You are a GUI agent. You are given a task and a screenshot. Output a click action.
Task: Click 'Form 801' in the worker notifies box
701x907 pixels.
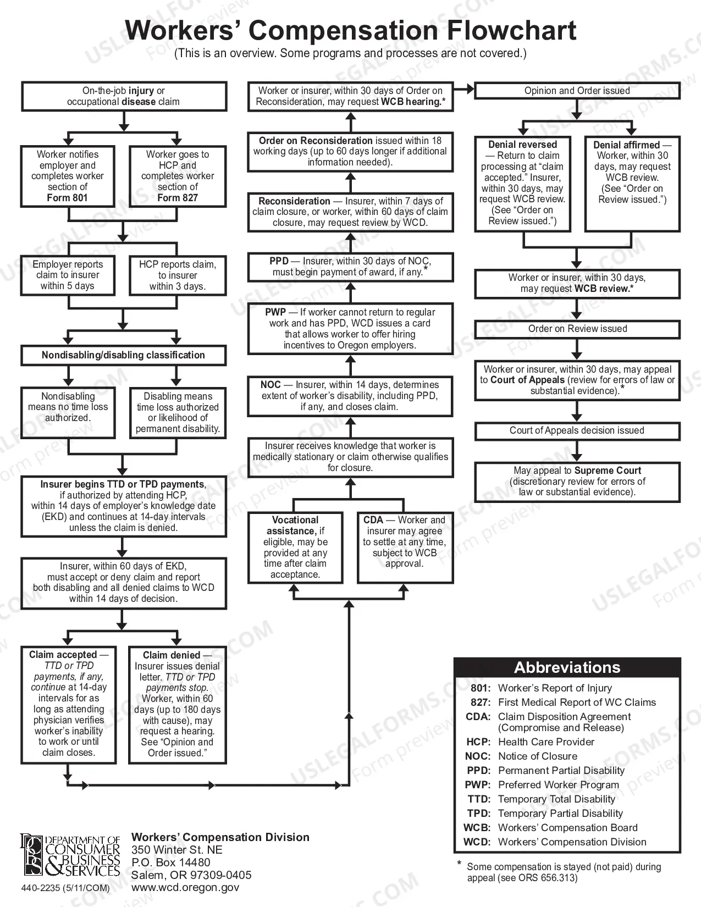click(x=67, y=198)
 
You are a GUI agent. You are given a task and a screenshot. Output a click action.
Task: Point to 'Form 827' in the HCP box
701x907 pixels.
click(x=178, y=198)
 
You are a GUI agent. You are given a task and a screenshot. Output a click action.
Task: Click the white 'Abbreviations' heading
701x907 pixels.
click(x=567, y=667)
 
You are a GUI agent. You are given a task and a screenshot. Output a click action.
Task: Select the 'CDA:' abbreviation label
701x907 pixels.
click(x=478, y=717)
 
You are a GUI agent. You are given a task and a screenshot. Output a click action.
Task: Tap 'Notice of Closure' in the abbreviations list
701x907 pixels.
click(x=538, y=756)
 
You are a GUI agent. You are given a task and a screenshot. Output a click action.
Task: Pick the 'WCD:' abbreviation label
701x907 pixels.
click(x=477, y=842)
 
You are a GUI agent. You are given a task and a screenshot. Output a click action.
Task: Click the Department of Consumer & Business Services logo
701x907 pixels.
click(x=70, y=856)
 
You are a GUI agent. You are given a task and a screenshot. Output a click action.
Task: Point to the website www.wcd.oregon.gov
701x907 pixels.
click(x=185, y=887)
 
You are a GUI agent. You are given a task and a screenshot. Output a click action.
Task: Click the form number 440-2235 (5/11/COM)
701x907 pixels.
click(x=65, y=888)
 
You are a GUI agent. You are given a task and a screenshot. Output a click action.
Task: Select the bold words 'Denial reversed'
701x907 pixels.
click(x=523, y=145)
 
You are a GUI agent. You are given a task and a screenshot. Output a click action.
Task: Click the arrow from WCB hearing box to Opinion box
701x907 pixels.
click(x=464, y=89)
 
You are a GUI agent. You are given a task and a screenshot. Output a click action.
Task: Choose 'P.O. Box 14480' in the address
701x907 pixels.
click(x=171, y=862)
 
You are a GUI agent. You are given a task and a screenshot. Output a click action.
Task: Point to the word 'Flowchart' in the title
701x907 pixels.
click(x=511, y=30)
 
